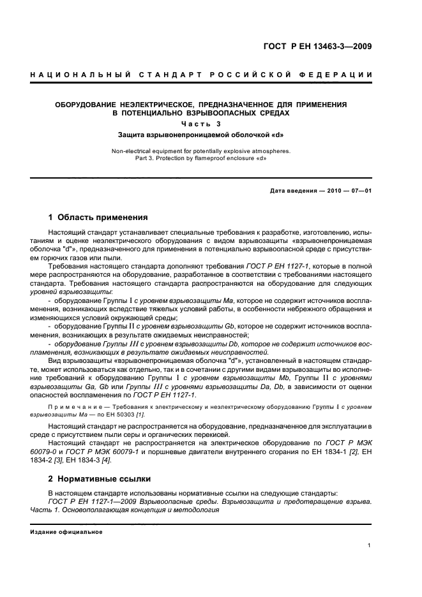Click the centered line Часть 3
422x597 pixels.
click(x=200, y=124)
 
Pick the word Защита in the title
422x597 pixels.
click(x=133, y=135)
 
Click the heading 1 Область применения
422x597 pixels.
click(x=98, y=217)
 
